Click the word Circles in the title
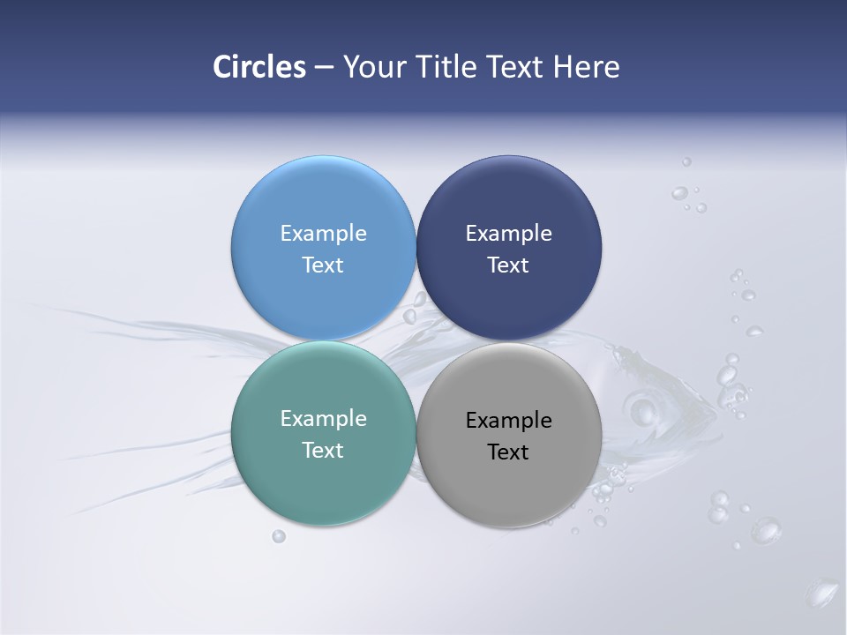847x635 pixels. (x=259, y=67)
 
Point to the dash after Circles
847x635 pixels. (x=324, y=68)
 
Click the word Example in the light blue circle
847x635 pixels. (x=323, y=234)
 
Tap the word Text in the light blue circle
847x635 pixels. (x=323, y=265)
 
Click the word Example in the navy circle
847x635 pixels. (x=508, y=234)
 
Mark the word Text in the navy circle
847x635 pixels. (x=508, y=265)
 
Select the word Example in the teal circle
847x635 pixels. (x=323, y=419)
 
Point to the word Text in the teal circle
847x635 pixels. (x=323, y=451)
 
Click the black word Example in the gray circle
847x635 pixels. (x=508, y=421)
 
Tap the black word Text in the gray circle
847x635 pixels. (x=508, y=452)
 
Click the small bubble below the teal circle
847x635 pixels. (x=279, y=535)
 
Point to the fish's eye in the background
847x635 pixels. (x=641, y=410)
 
